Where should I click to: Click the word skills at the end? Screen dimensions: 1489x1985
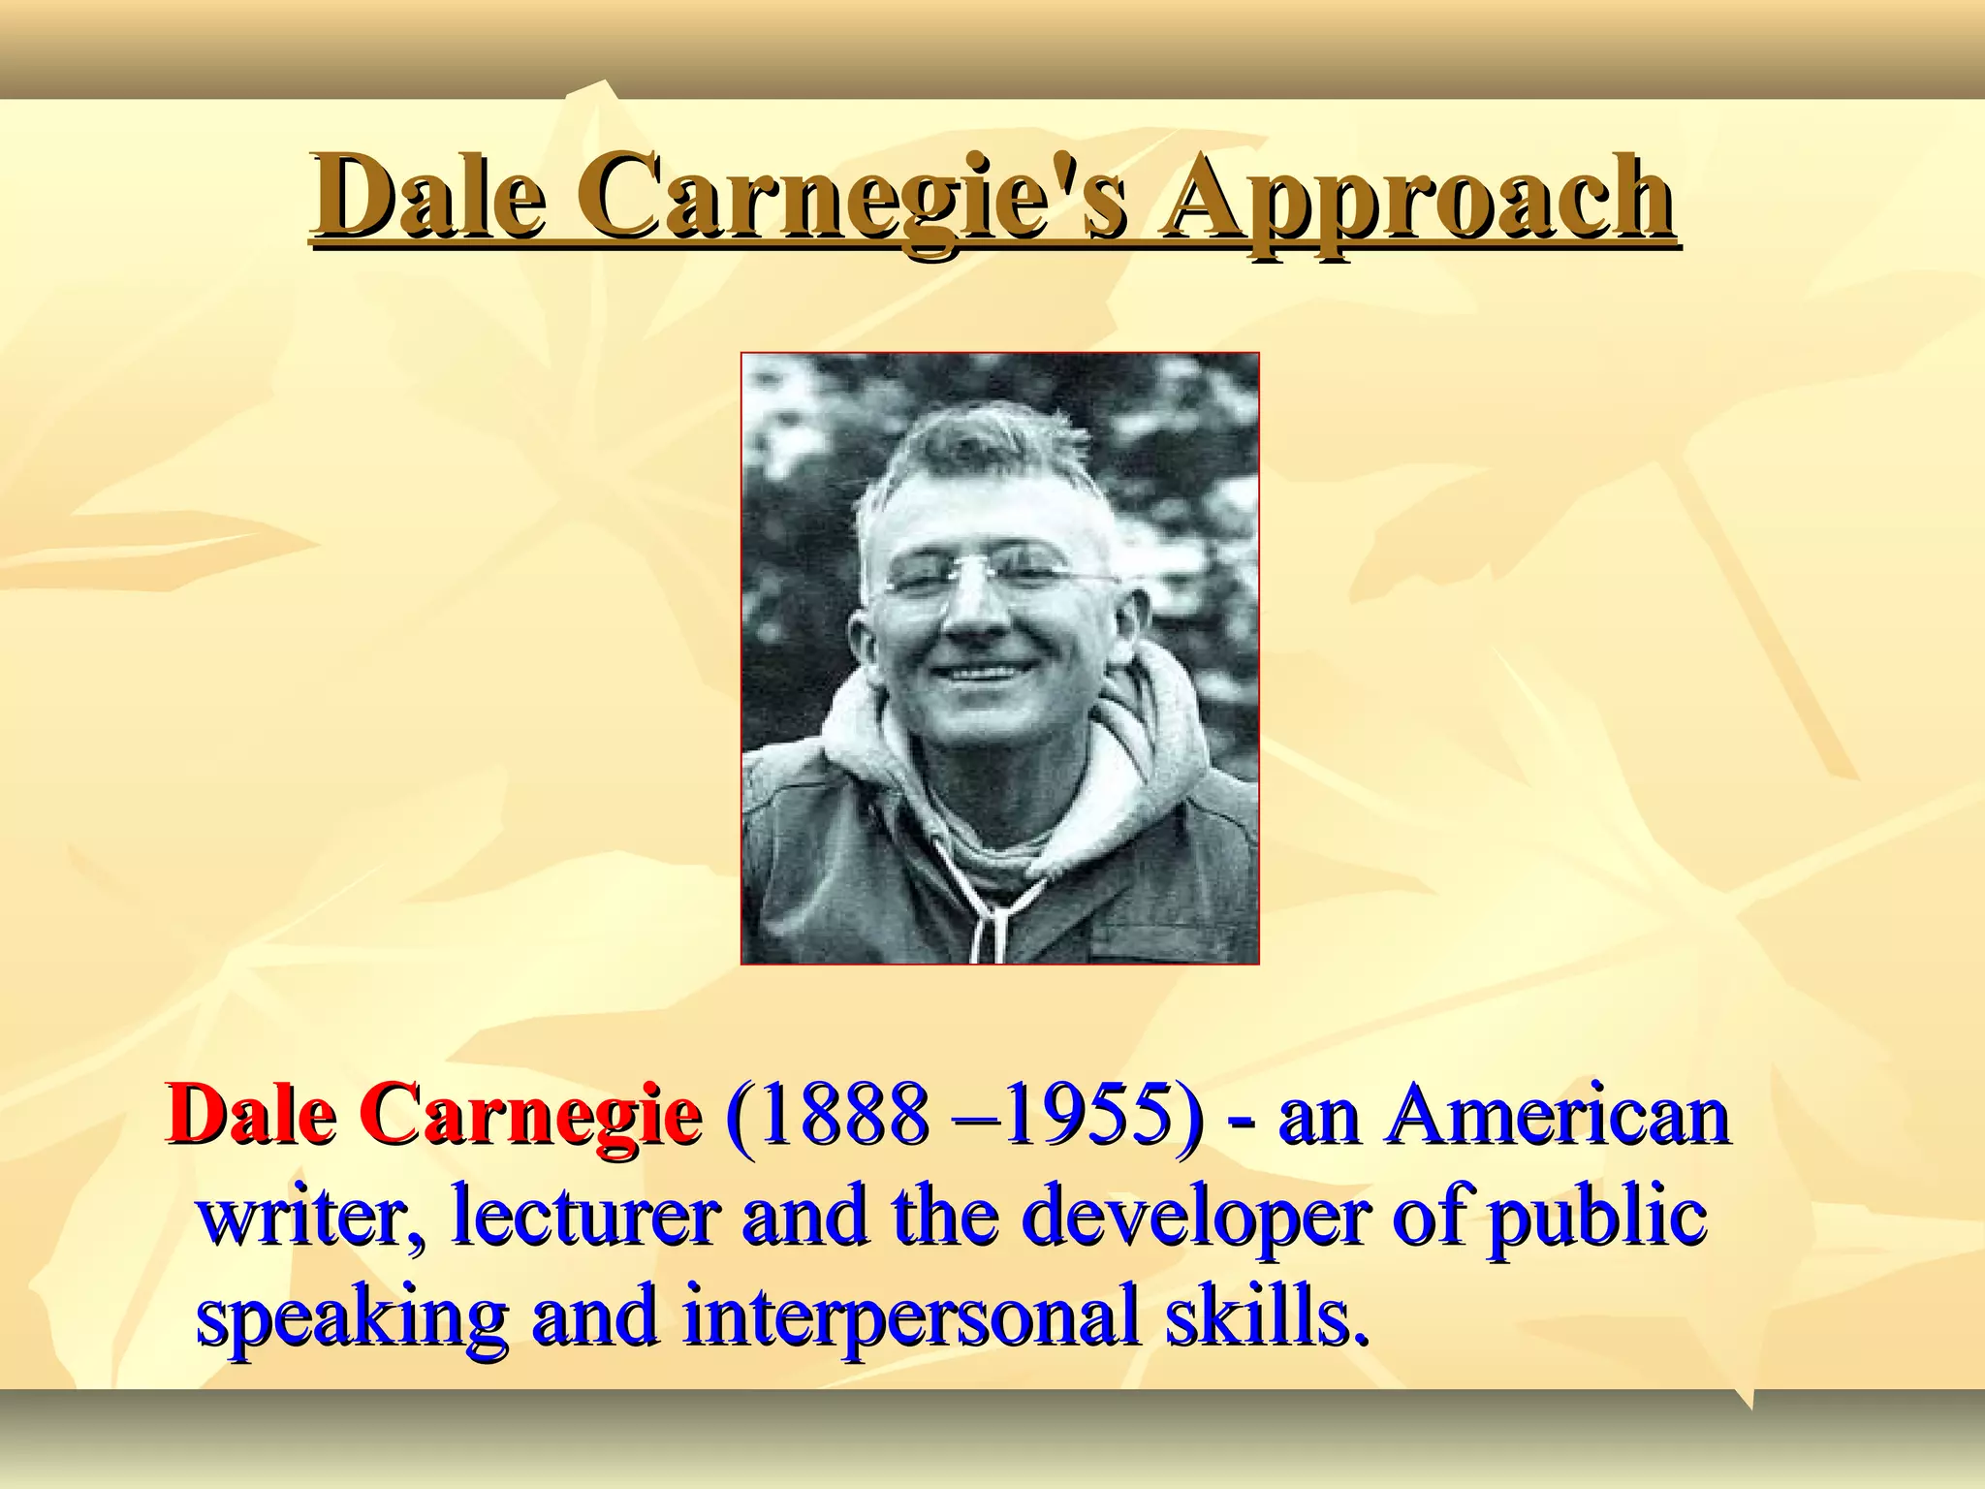(1268, 1318)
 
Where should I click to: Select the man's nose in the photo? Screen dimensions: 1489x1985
(969, 620)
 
